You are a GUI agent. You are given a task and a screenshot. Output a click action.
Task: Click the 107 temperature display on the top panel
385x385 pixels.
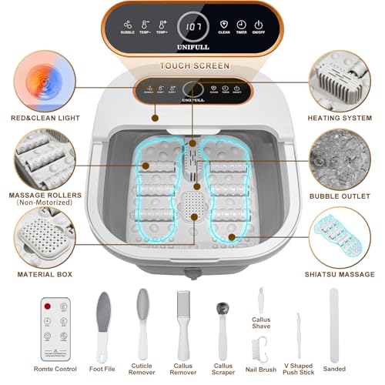coord(192,27)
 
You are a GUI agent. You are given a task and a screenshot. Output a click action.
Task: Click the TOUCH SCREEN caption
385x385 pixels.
coord(192,66)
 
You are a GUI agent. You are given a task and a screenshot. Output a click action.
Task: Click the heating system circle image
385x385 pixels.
coord(340,81)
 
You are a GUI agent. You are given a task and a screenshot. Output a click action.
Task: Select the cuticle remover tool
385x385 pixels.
coord(142,323)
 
